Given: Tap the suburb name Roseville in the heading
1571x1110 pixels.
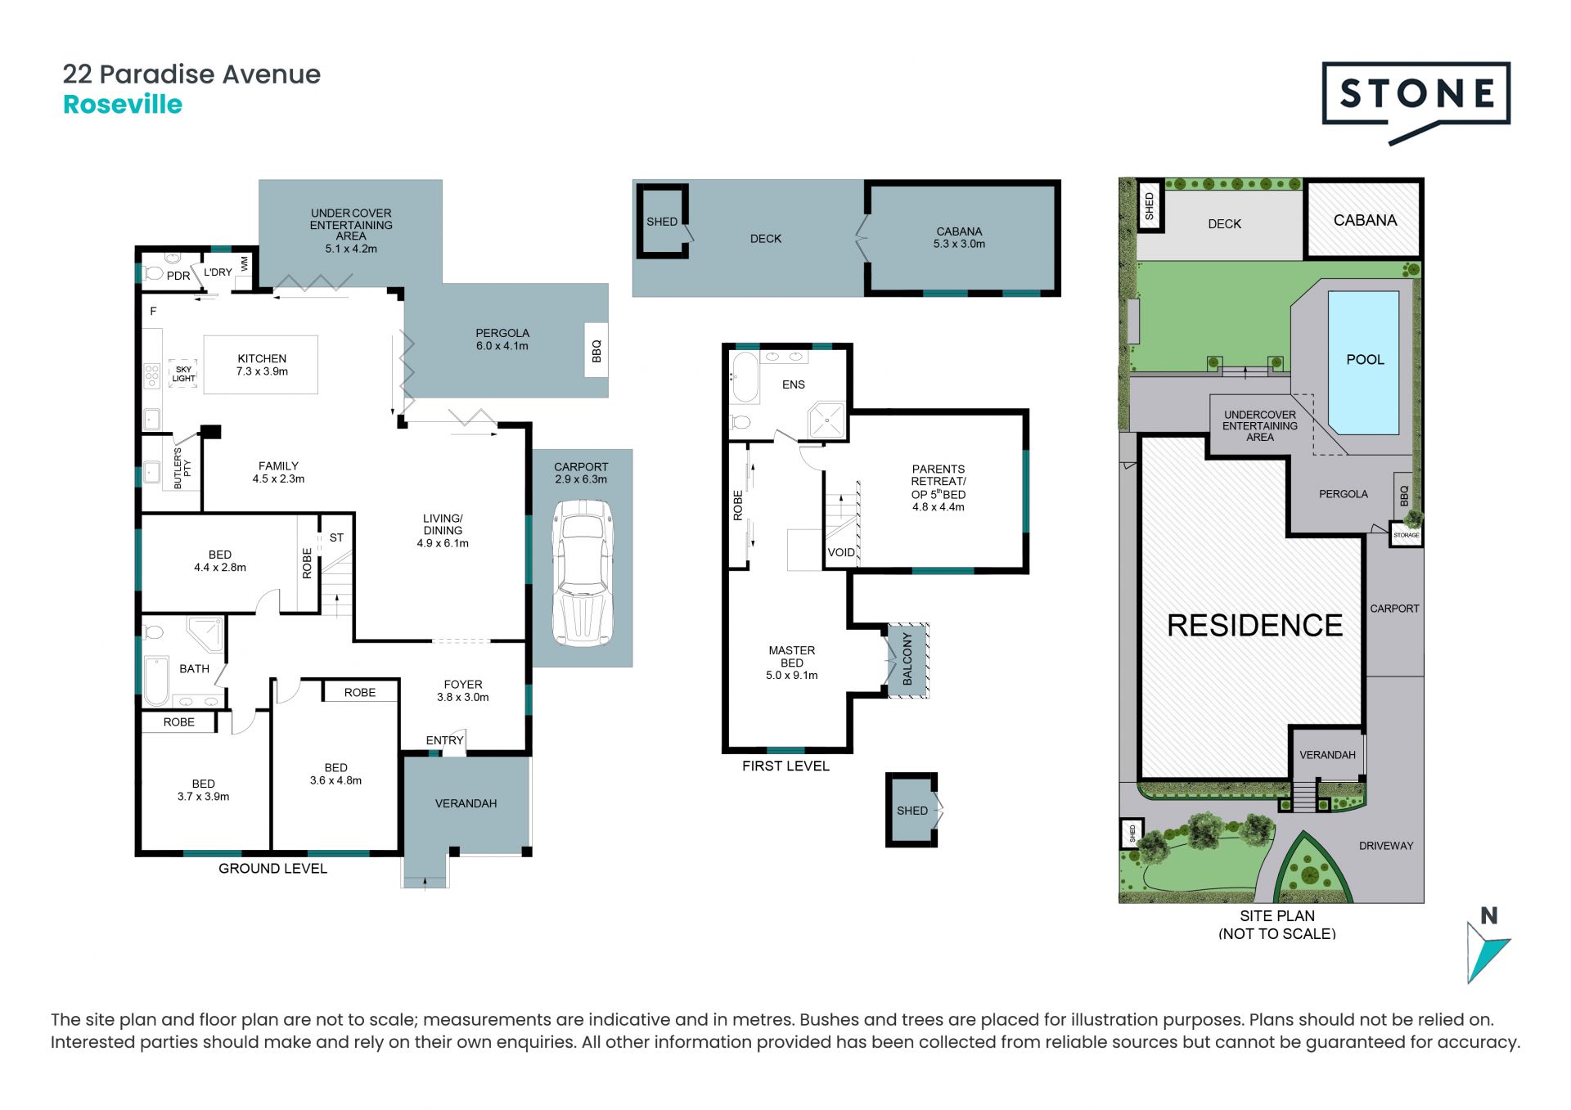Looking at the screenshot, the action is point(123,105).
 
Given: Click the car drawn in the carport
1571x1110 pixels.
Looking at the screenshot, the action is point(583,573).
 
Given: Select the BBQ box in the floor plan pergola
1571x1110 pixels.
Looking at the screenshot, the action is point(596,350).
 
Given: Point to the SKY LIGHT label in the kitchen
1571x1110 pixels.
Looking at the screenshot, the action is point(183,374).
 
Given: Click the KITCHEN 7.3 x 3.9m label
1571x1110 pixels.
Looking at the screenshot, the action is point(262,365).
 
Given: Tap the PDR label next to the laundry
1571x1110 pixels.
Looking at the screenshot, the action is point(178,276).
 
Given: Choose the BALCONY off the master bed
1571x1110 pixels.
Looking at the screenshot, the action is point(907,660).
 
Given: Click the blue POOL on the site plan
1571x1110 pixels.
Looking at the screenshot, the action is point(1364,362).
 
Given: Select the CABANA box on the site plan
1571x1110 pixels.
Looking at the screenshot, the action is point(1364,219).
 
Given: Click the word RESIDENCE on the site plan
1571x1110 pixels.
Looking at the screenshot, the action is point(1254,626).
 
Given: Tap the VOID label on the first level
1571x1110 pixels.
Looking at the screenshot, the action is point(841,552).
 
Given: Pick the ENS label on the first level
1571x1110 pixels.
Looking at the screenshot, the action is point(794,384).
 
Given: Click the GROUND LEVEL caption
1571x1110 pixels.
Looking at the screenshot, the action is point(272,869).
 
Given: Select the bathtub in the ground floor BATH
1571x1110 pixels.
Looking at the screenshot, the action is point(156,681).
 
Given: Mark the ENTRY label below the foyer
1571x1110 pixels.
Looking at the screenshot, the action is point(444,740).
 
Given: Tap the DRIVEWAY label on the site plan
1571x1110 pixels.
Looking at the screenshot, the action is point(1386,846).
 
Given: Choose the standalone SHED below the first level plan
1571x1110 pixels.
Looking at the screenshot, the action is point(912,810).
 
